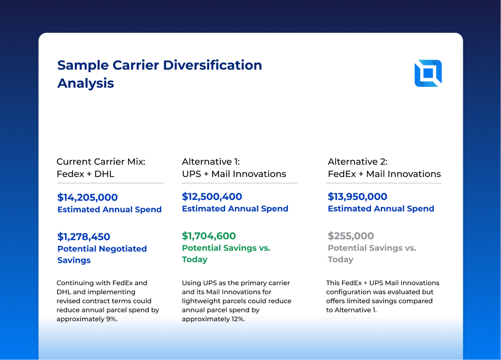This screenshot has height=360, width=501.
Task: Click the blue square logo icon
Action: pyautogui.click(x=428, y=73)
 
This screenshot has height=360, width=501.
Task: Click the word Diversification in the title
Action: pyautogui.click(x=210, y=65)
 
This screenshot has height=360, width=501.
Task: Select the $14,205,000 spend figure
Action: pyautogui.click(x=87, y=197)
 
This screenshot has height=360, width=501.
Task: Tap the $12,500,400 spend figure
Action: pyautogui.click(x=212, y=197)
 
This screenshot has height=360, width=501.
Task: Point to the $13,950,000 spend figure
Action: pyautogui.click(x=357, y=197)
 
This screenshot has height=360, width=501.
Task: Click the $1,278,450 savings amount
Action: pyautogui.click(x=84, y=237)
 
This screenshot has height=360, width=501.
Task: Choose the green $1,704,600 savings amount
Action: pyautogui.click(x=209, y=236)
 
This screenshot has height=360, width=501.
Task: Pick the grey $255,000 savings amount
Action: pyautogui.click(x=351, y=236)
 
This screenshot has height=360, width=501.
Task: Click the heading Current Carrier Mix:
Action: pyautogui.click(x=101, y=162)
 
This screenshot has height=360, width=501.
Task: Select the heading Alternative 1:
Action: pyautogui.click(x=211, y=162)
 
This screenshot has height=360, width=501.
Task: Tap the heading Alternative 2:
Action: pyautogui.click(x=357, y=162)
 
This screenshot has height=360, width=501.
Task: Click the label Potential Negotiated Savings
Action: pyautogui.click(x=102, y=254)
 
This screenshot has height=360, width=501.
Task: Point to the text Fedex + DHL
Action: pyautogui.click(x=85, y=174)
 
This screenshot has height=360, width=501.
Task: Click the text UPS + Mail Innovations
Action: pyautogui.click(x=234, y=174)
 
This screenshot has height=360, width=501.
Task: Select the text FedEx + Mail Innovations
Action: pyautogui.click(x=384, y=174)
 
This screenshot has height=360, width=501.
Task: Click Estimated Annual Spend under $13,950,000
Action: pyautogui.click(x=381, y=209)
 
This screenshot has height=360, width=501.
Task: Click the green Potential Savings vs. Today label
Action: pyautogui.click(x=226, y=253)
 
